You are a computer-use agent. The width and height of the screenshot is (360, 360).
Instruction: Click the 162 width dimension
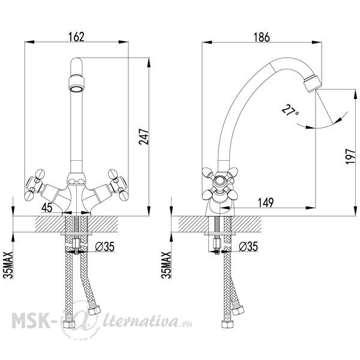tap(76, 37)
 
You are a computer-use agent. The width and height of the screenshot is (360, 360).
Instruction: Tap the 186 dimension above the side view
tap(262, 37)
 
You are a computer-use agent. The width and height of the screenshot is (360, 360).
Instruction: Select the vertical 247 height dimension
tap(144, 137)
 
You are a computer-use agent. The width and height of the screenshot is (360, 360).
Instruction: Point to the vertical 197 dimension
tap(350, 157)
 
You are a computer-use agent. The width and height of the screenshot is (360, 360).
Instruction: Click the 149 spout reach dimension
tap(266, 203)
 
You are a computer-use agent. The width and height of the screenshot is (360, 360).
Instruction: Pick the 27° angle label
tap(290, 110)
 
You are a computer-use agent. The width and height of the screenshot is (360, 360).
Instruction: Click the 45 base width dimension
tap(47, 208)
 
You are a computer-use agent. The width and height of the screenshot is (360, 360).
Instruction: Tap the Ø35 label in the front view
tap(104, 247)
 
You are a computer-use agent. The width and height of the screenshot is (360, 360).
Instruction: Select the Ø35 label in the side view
tap(248, 247)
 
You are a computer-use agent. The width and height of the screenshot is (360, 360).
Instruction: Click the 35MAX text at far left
tap(8, 265)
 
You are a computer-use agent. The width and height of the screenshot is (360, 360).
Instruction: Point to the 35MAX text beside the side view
tap(166, 265)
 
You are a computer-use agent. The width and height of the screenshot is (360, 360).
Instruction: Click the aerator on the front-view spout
tap(76, 83)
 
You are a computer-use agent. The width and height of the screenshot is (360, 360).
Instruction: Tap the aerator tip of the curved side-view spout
tap(313, 83)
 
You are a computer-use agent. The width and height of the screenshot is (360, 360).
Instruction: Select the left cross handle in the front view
tap(34, 184)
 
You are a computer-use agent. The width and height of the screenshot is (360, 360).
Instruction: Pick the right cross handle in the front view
tap(118, 184)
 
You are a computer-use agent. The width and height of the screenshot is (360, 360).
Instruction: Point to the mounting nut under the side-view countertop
tap(217, 244)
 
